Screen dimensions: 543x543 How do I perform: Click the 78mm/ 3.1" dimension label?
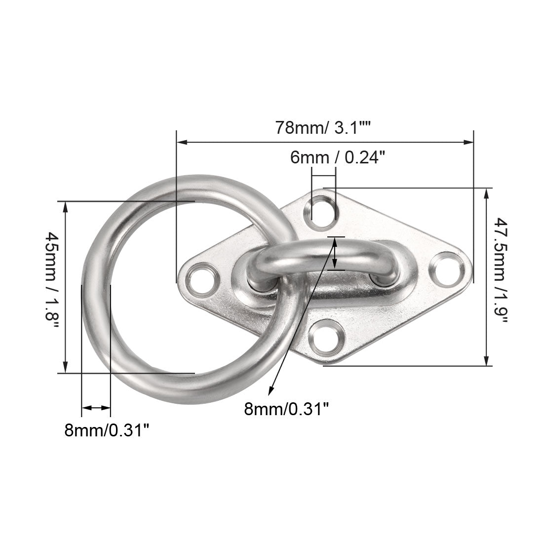pyautogui.click(x=323, y=128)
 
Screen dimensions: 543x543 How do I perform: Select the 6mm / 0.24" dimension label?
pyautogui.click(x=337, y=157)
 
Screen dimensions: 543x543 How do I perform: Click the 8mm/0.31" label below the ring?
pyautogui.click(x=107, y=430)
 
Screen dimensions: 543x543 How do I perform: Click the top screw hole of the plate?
pyautogui.click(x=323, y=210)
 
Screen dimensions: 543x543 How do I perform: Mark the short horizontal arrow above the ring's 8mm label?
pyautogui.click(x=96, y=408)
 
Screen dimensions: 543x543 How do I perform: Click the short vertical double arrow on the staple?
pyautogui.click(x=336, y=254)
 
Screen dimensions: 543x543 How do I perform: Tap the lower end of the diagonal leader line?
pyautogui.click(x=270, y=394)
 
